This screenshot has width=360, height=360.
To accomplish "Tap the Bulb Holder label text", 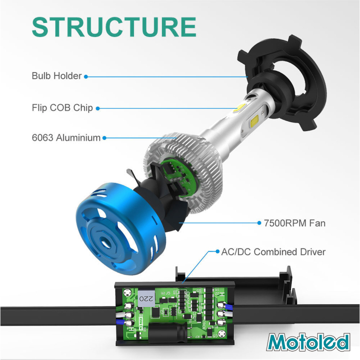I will tap(56, 76).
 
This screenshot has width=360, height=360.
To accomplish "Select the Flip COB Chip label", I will tap(62, 107).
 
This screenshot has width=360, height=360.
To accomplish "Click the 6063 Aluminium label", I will tap(66, 137).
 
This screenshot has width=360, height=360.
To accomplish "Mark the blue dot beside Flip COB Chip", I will tap(98, 107).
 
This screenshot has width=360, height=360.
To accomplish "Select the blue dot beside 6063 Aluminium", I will tap(105, 137).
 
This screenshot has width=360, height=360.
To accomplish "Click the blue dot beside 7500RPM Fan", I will tap(258, 223).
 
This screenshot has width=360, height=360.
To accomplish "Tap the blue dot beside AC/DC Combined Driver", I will tap(217, 252).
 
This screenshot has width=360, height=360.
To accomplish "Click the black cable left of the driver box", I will tap(56, 310).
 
